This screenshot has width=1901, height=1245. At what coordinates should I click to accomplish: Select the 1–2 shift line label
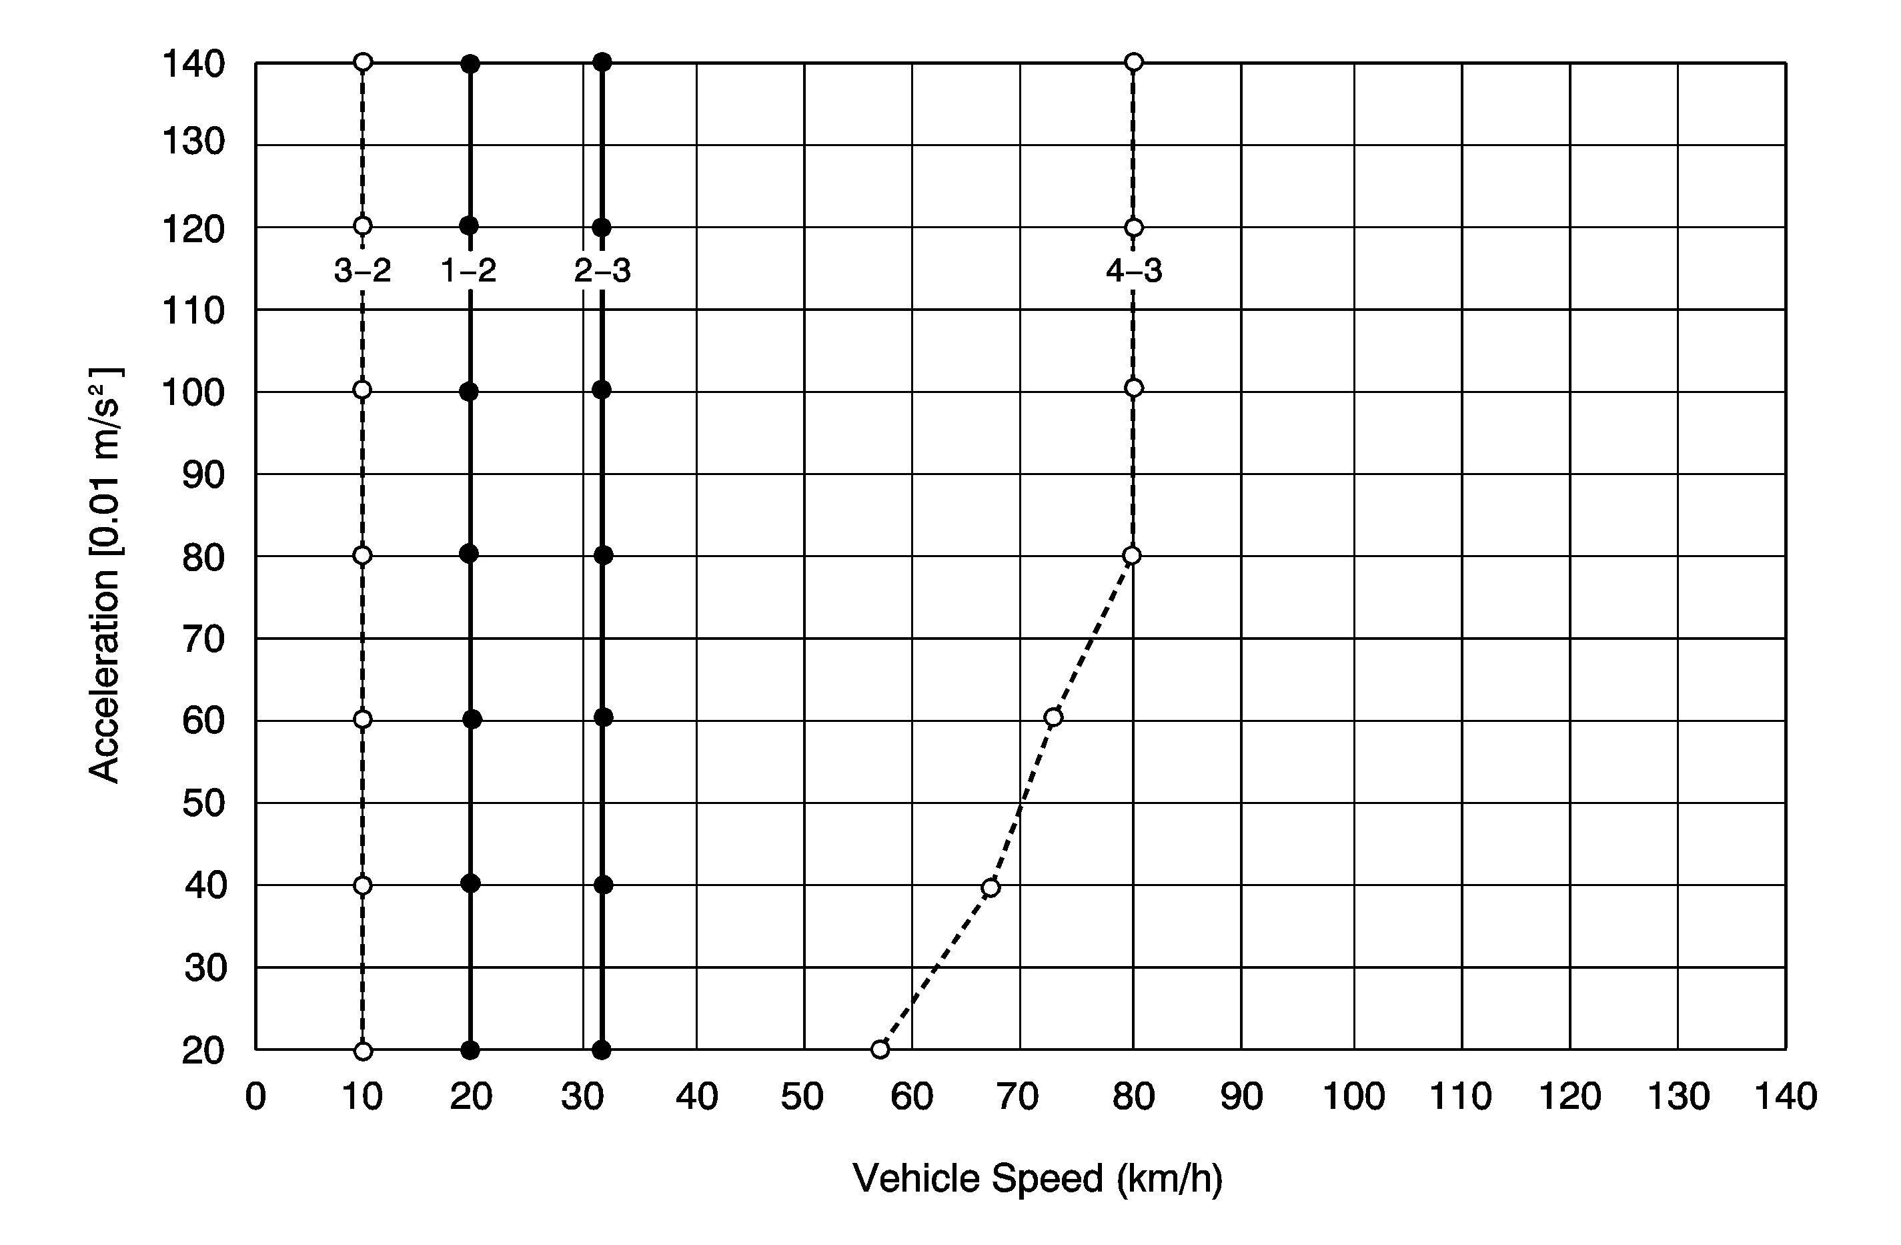[469, 272]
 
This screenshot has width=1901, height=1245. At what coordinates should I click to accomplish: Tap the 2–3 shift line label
[602, 272]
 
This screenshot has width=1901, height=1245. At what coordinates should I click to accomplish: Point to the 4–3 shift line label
[1133, 272]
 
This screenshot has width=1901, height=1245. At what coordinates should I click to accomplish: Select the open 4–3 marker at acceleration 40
[991, 887]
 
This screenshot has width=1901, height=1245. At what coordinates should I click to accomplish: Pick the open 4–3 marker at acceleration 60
[1053, 717]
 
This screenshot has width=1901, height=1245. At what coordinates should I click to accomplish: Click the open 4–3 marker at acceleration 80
[1131, 555]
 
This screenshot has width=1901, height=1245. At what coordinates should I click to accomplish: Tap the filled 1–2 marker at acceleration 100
[469, 392]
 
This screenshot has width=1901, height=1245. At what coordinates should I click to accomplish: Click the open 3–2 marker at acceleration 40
[363, 885]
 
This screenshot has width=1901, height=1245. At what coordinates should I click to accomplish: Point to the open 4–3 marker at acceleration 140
[1133, 62]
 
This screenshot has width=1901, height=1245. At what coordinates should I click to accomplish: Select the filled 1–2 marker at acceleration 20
[470, 1050]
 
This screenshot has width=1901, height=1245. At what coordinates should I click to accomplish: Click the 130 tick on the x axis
[1678, 1097]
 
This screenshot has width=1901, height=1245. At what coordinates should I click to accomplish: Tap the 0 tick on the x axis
[255, 1097]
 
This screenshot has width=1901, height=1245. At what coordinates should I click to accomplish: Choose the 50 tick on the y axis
[203, 803]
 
